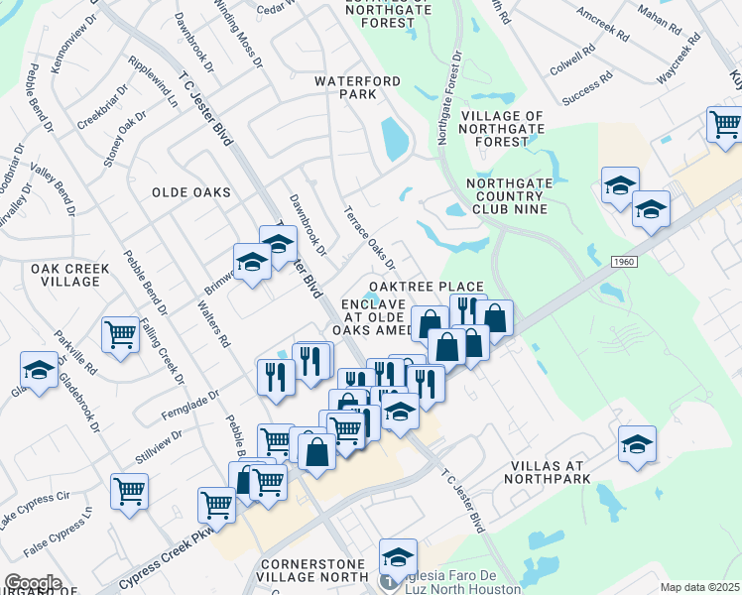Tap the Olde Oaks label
pyautogui.click(x=190, y=192)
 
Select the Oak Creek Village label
pyautogui.click(x=64, y=275)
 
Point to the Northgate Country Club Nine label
pyautogui.click(x=521, y=195)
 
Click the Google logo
pyautogui.click(x=33, y=583)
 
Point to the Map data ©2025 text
pyautogui.click(x=699, y=587)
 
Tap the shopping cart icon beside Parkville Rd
pyautogui.click(x=120, y=334)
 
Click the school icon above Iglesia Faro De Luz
pyautogui.click(x=398, y=557)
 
